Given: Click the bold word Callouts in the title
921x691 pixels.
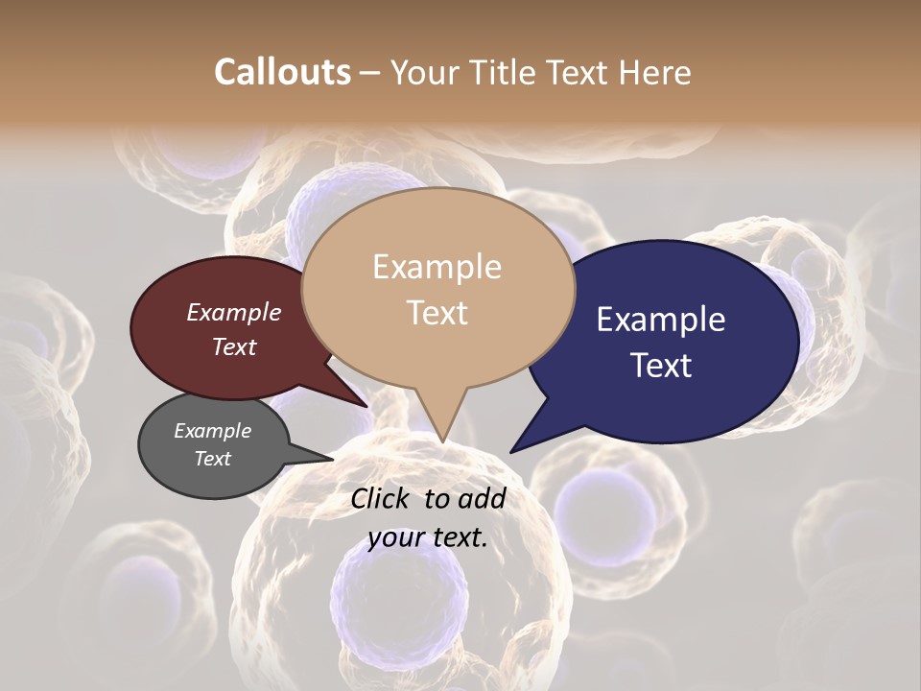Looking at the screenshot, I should click(x=282, y=72).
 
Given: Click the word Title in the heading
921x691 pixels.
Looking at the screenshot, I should click(x=508, y=72).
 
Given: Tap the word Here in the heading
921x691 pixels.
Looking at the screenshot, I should click(x=655, y=72).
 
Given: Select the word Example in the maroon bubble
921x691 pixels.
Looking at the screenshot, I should click(x=233, y=312).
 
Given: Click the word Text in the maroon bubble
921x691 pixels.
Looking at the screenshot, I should click(x=233, y=346).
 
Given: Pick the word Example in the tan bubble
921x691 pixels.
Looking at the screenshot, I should click(x=437, y=267).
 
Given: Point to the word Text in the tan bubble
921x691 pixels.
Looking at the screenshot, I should click(x=437, y=313).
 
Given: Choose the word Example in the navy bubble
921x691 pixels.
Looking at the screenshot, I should click(x=661, y=320).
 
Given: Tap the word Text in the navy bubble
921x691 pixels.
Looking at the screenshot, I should click(x=661, y=366).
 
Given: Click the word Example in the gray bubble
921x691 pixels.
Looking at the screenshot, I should click(x=212, y=431).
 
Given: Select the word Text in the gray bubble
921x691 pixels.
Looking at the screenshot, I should click(x=212, y=459).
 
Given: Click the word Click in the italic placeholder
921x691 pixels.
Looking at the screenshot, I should click(x=382, y=498).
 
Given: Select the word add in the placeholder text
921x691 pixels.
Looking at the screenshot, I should click(x=482, y=498).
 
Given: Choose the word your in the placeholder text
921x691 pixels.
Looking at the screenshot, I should click(x=395, y=537).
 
